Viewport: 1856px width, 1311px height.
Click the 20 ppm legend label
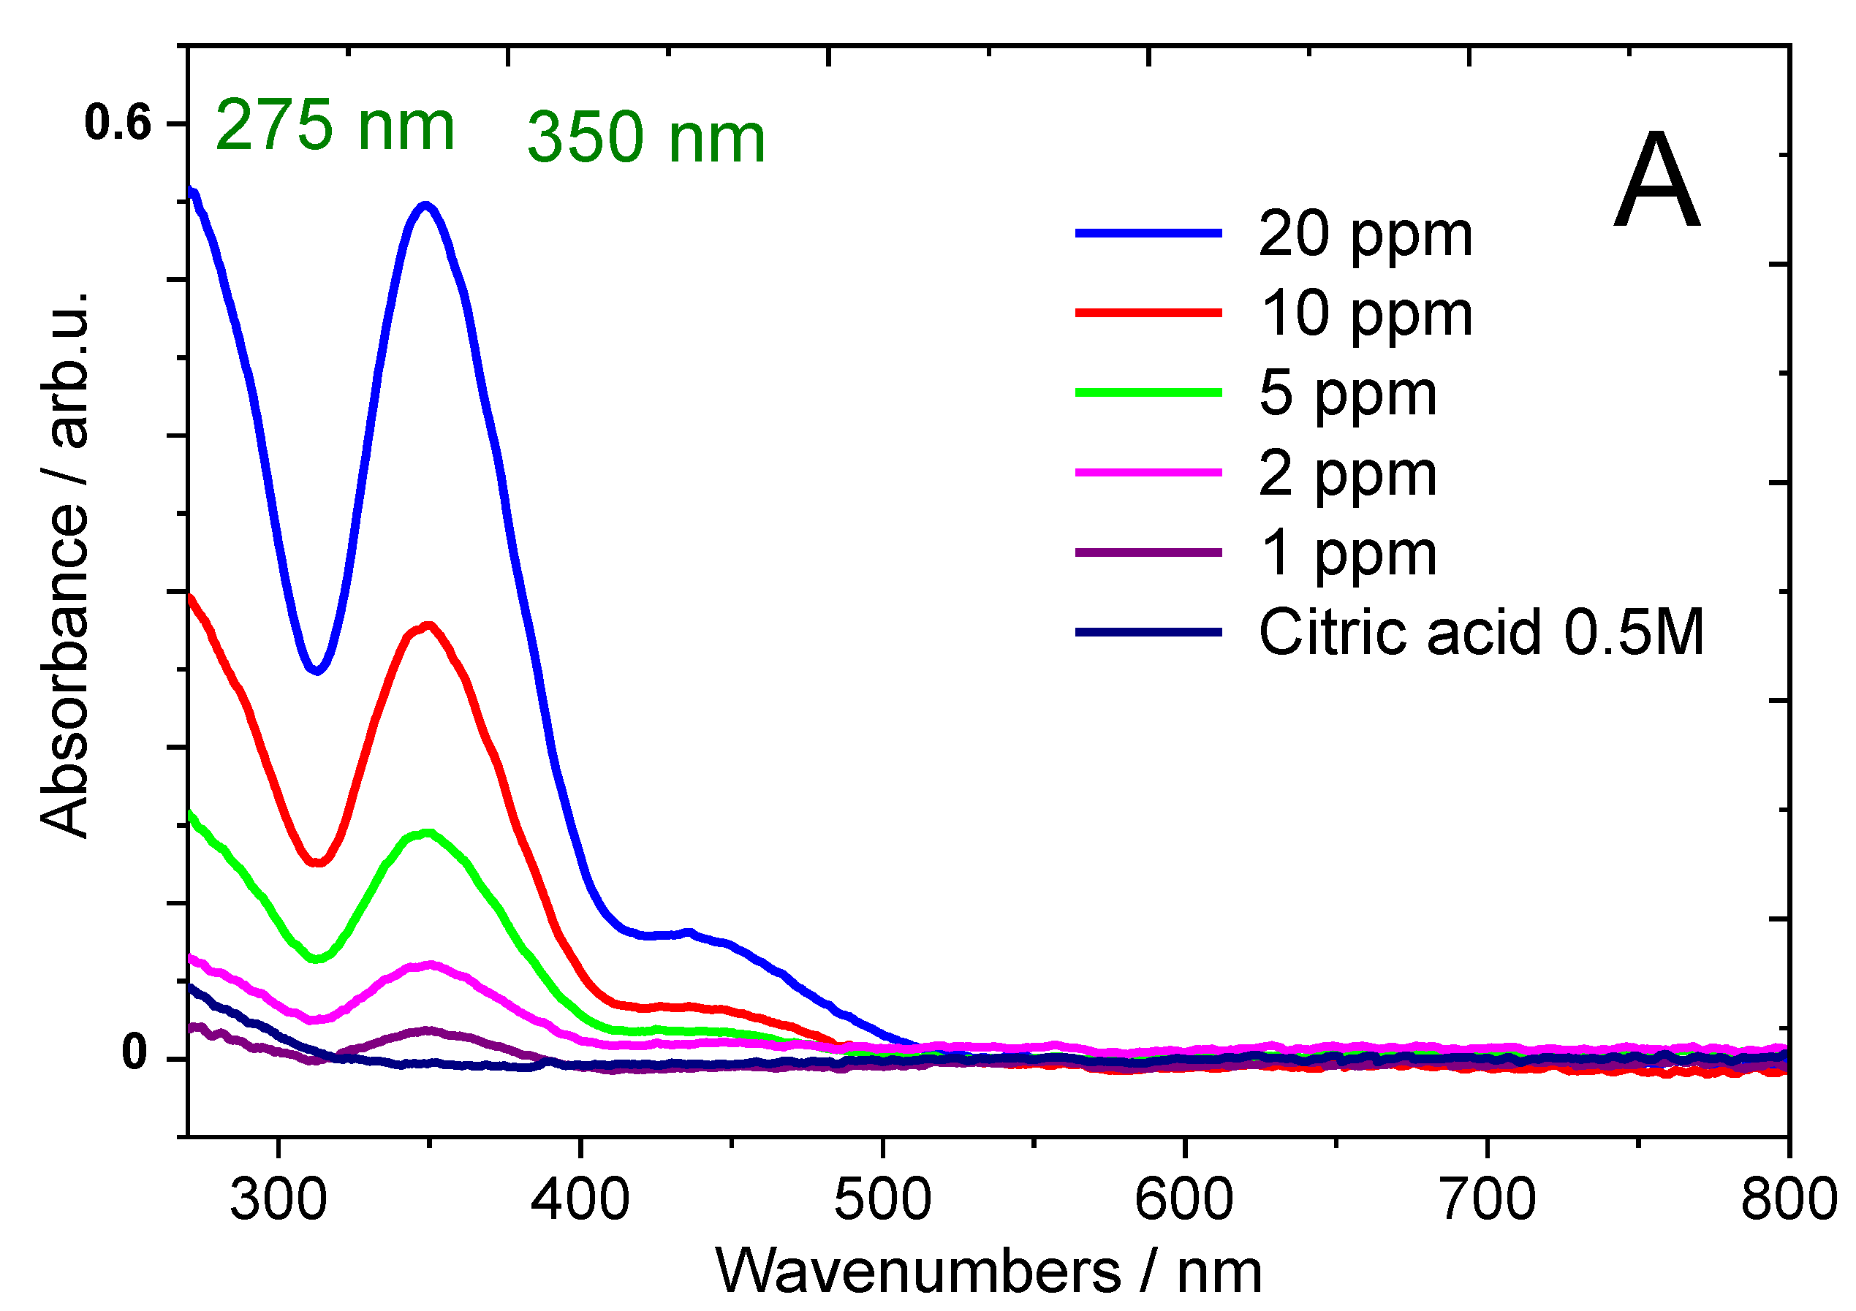tap(1366, 235)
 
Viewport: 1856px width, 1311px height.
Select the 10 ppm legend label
tap(1366, 314)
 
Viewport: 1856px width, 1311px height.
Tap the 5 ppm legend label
tap(1347, 395)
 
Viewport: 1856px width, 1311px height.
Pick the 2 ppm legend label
tap(1347, 474)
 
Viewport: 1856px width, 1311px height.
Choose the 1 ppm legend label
tap(1347, 555)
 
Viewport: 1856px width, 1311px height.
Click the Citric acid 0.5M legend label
tap(1481, 632)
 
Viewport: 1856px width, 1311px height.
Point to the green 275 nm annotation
tap(335, 125)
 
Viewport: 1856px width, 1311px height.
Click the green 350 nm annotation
tap(646, 137)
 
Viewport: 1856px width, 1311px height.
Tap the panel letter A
tap(1657, 182)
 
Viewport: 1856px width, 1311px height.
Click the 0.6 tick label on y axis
tap(118, 123)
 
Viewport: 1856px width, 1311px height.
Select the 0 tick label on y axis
tap(135, 1054)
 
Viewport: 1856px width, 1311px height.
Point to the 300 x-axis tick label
tap(278, 1200)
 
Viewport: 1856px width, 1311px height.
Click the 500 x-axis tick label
tap(883, 1200)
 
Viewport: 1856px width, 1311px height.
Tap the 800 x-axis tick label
tap(1789, 1200)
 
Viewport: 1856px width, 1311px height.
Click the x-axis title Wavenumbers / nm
tap(988, 1273)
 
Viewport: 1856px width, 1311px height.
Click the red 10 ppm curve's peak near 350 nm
tap(428, 626)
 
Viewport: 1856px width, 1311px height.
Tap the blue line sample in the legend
tap(1148, 234)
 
